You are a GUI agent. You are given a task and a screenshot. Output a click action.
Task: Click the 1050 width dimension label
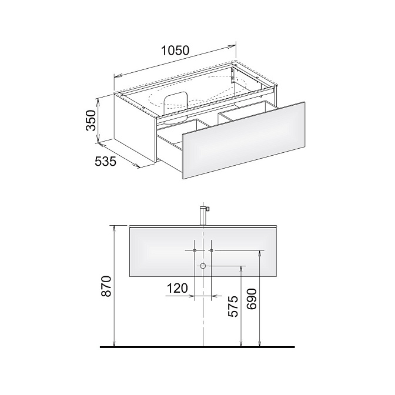pos(175,51)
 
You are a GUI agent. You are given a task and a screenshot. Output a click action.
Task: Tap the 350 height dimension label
pos(91,120)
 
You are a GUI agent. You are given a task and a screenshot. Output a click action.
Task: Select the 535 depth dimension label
pos(106,161)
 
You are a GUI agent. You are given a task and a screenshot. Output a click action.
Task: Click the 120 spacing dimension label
pos(178,288)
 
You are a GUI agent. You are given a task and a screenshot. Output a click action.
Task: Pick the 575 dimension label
pos(233,306)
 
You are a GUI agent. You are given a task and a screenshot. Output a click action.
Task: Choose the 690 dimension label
pos(251,299)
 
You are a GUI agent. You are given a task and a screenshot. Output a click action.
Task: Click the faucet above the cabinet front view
pos(203,216)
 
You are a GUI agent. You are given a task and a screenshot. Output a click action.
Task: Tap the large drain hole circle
pos(203,266)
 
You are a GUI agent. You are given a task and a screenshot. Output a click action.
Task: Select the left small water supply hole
pos(195,250)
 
